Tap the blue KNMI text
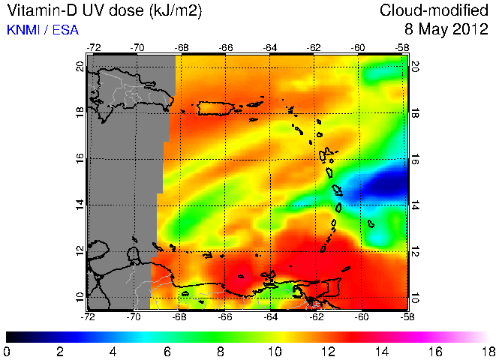(23, 30)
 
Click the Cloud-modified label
(435, 10)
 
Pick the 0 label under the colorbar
(7, 351)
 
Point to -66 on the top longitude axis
(226, 47)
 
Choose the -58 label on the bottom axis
(403, 316)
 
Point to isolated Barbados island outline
(371, 223)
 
